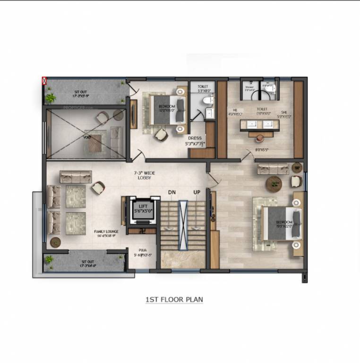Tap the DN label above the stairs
(x=172, y=192)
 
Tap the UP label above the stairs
(x=197, y=192)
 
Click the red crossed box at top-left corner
(x=45, y=81)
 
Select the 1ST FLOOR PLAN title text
(x=174, y=300)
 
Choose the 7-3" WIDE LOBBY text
(x=144, y=176)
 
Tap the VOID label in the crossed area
(x=87, y=137)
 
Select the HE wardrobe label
(x=235, y=112)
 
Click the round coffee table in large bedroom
(x=274, y=182)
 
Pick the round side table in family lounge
(x=55, y=242)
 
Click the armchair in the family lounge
(x=98, y=188)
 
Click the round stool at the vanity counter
(x=260, y=138)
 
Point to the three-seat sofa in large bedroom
(x=273, y=168)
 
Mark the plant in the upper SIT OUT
(x=51, y=98)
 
